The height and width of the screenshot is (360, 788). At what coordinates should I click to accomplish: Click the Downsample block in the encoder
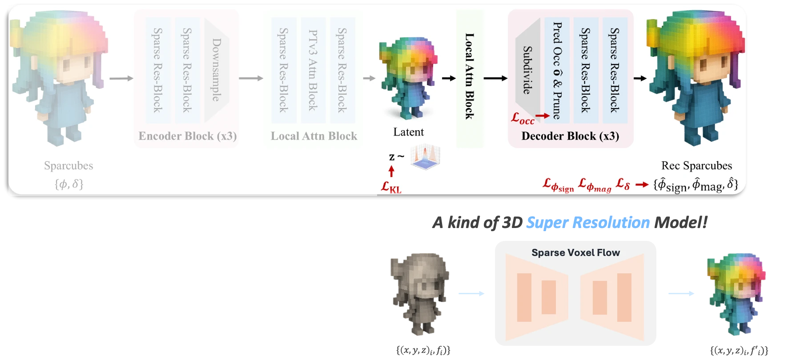(x=216, y=70)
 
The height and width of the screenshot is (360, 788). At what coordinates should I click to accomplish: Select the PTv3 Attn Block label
(x=313, y=70)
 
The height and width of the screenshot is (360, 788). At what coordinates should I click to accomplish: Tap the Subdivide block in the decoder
(x=527, y=70)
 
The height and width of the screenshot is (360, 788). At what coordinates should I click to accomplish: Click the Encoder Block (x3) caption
(x=187, y=136)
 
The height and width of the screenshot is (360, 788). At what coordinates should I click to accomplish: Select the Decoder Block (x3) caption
(x=570, y=136)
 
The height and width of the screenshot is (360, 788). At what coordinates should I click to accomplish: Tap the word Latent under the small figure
(x=408, y=132)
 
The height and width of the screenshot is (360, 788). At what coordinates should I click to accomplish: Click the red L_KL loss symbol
(x=391, y=187)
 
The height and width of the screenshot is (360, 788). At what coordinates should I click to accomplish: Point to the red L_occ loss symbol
(x=523, y=118)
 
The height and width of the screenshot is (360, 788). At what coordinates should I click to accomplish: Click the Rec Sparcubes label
(x=696, y=166)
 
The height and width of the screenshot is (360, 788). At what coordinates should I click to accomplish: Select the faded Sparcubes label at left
(x=68, y=166)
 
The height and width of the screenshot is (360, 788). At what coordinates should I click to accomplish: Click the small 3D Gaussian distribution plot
(x=425, y=156)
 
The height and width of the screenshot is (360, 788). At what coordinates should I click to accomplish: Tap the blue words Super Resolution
(x=588, y=222)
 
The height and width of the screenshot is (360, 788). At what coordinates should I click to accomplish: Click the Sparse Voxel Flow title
(x=575, y=253)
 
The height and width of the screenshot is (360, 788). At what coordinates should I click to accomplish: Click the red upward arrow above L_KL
(x=391, y=172)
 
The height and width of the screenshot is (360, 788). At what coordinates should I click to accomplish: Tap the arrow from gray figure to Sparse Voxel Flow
(x=471, y=293)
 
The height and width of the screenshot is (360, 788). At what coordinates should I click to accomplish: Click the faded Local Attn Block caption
(x=314, y=136)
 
